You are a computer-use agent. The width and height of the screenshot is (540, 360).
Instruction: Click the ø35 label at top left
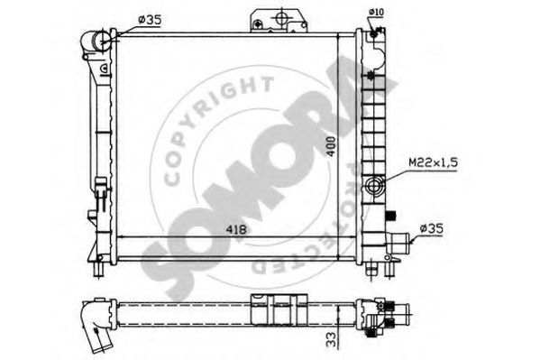[149, 20]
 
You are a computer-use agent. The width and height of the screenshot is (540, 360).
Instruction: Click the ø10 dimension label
[376, 12]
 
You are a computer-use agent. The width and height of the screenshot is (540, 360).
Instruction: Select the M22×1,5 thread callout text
[434, 162]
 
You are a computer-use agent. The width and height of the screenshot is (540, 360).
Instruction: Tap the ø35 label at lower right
[432, 228]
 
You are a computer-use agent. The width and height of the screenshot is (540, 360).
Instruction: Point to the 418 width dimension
[236, 229]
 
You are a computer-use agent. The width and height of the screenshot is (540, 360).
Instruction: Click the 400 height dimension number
[331, 146]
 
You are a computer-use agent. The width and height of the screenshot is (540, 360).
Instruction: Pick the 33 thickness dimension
[332, 339]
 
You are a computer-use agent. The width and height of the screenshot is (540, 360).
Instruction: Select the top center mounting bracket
[279, 21]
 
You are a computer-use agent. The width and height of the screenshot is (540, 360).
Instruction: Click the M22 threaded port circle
[374, 186]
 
